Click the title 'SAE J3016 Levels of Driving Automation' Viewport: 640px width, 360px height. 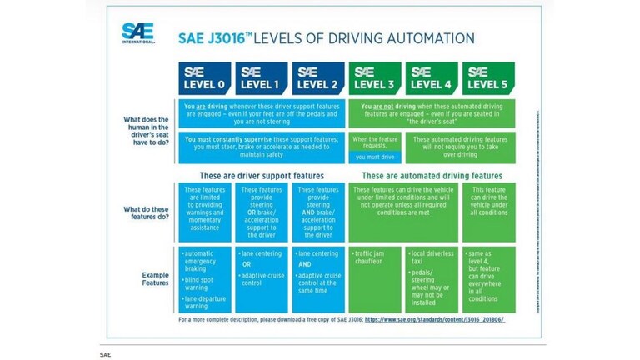click(327, 38)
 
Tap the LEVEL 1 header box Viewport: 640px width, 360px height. click(261, 77)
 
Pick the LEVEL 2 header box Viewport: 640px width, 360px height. click(317, 77)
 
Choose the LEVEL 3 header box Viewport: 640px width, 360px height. click(375, 77)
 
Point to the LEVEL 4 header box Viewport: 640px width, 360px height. click(432, 77)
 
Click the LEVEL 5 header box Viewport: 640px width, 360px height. click(488, 77)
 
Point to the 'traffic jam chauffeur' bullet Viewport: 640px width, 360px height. click(374, 257)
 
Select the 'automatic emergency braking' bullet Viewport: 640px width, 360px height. click(205, 260)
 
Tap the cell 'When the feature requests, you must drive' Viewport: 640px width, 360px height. click(374, 147)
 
